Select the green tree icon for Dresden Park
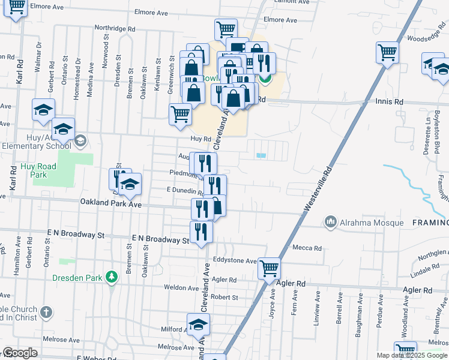click(110, 277)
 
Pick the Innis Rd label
click(390, 103)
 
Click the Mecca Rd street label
click(307, 248)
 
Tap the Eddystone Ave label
click(235, 261)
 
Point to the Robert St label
click(224, 297)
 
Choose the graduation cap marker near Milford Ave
click(198, 325)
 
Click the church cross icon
click(46, 312)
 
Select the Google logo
click(20, 353)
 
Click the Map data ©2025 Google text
click(412, 355)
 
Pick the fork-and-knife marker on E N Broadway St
click(201, 232)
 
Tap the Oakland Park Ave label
click(110, 204)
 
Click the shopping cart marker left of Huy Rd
click(180, 113)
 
